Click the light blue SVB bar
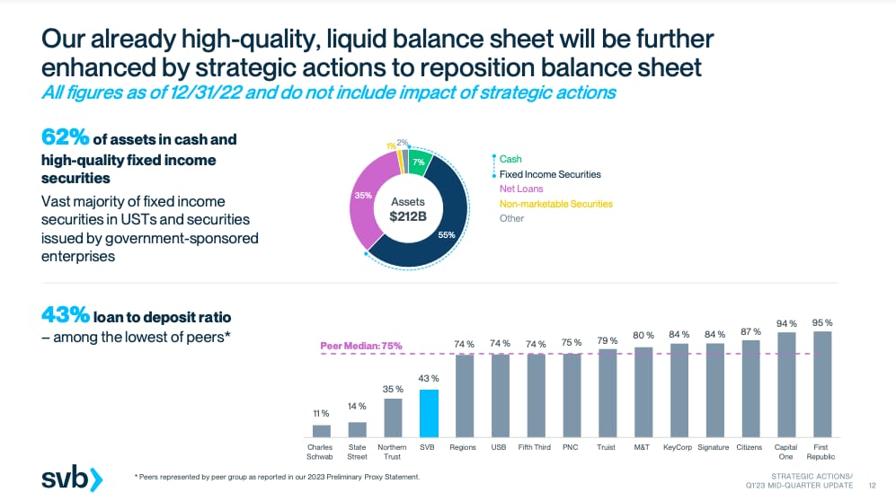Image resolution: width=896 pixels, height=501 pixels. pos(430,412)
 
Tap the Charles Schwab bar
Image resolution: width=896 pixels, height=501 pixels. pos(321,430)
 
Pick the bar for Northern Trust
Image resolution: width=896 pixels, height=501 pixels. pos(393,417)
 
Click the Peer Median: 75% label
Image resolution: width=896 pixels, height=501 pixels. pos(361,346)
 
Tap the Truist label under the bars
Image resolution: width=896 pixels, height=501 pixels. pos(607,446)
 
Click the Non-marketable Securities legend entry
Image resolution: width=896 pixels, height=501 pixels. pos(555,204)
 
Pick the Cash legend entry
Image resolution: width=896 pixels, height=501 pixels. pos(510,159)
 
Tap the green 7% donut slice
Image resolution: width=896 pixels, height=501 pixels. pos(418,162)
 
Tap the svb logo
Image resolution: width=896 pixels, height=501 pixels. pos(72,479)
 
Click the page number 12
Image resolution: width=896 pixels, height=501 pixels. pos(872,484)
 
